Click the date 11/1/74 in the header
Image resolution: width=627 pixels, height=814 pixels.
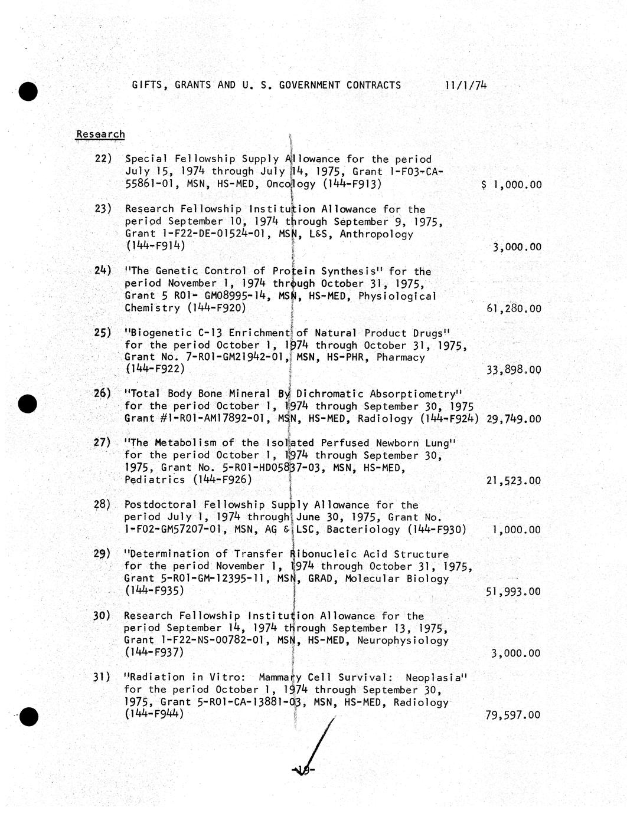pos(466,85)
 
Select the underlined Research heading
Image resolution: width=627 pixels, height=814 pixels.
pos(100,134)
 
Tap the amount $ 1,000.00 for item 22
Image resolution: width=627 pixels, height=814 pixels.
pos(511,185)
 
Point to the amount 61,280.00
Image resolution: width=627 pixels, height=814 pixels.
pos(513,308)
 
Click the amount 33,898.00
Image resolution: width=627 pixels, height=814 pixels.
pos(513,370)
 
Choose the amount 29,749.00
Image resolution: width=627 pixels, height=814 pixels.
pos(513,419)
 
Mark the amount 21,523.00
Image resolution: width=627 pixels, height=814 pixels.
pos(513,481)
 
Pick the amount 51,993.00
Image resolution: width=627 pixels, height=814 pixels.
pos(513,592)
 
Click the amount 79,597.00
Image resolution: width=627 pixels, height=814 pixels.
pos(513,715)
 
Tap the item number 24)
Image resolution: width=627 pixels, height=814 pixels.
pos(103,271)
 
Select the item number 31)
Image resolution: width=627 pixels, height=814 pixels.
pos(102,677)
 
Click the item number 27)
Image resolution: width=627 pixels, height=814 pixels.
pos(102,442)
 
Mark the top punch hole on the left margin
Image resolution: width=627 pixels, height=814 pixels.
pos(28,91)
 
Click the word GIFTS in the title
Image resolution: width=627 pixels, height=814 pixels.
pos(147,85)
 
